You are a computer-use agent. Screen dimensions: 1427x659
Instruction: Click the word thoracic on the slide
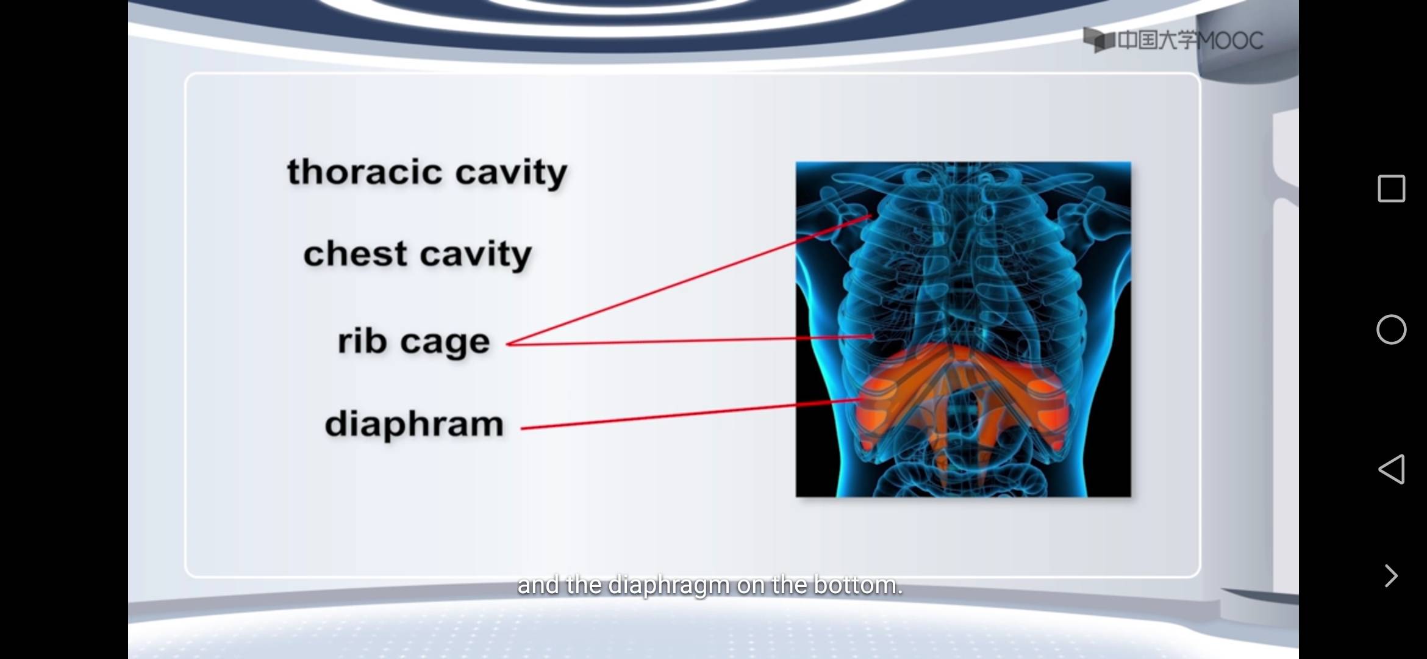(x=364, y=171)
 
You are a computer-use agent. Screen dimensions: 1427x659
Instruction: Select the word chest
(x=355, y=253)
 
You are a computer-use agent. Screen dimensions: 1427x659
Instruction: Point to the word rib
(x=362, y=340)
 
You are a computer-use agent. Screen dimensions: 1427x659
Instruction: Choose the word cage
(x=445, y=344)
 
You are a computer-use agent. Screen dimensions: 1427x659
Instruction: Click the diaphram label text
(x=414, y=423)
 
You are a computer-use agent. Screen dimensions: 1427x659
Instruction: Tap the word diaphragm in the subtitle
(x=669, y=586)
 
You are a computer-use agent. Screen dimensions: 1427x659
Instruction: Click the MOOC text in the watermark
(x=1229, y=41)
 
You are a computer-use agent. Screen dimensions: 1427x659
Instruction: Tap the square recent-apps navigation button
(x=1392, y=189)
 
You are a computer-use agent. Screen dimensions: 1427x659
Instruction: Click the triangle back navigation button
(x=1392, y=469)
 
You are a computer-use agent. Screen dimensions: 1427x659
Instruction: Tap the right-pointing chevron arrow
(x=1391, y=575)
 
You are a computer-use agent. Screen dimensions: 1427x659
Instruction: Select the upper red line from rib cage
(x=689, y=279)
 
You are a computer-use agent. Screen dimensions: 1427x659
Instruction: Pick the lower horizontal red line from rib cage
(x=690, y=340)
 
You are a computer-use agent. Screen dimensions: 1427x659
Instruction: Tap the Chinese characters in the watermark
(x=1156, y=41)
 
